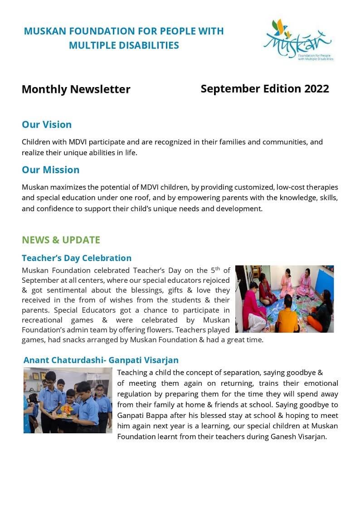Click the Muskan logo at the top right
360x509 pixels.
[298, 40]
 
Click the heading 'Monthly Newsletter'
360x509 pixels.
[76, 89]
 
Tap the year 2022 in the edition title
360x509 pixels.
[316, 88]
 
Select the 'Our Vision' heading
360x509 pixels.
[47, 124]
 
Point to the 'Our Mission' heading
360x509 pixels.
[50, 170]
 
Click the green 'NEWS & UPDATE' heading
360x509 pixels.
[61, 240]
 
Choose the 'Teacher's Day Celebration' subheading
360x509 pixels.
[77, 258]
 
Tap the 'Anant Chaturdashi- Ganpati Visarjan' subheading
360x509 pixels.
[101, 360]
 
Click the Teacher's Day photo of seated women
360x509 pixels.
[284, 299]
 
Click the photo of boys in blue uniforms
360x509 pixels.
[68, 400]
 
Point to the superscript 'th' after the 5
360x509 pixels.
[217, 268]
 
